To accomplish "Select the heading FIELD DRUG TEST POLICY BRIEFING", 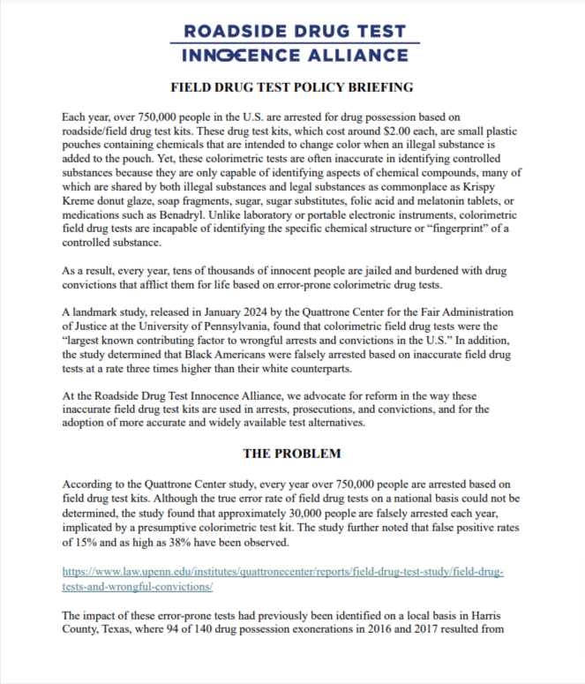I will point(292,89).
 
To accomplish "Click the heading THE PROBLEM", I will point(292,454).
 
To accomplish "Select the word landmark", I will point(97,312).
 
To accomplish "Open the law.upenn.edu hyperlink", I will point(282,572).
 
